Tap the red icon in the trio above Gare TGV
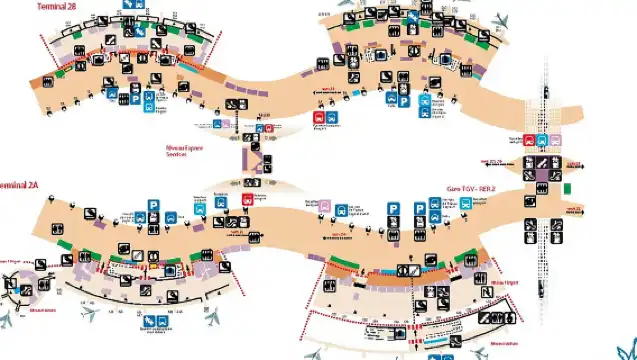528,141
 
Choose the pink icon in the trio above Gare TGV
554,141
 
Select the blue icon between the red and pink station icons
541,141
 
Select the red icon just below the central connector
248,199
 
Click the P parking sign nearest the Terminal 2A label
154,205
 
